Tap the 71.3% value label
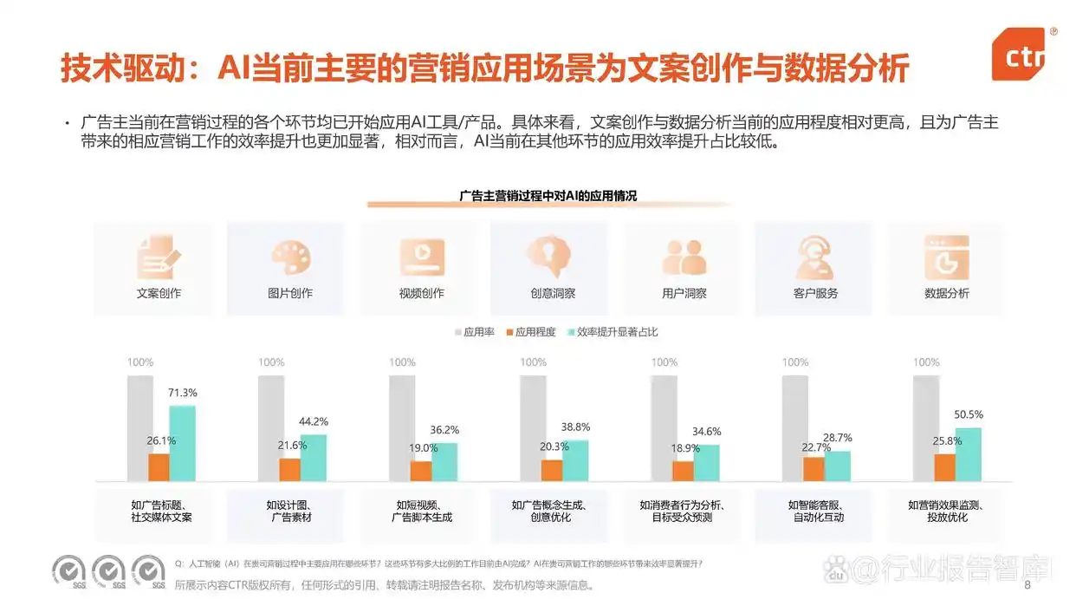pos(182,394)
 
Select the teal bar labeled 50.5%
pos(968,454)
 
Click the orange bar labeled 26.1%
pos(159,467)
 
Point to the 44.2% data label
pos(313,422)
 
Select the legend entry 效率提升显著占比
pos(612,332)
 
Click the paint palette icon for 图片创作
pos(290,257)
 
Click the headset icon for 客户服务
pos(814,257)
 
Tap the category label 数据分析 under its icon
pos(946,293)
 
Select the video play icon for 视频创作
pos(421,257)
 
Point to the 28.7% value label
pos(837,439)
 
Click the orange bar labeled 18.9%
pos(683,471)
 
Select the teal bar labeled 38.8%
pos(574,460)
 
